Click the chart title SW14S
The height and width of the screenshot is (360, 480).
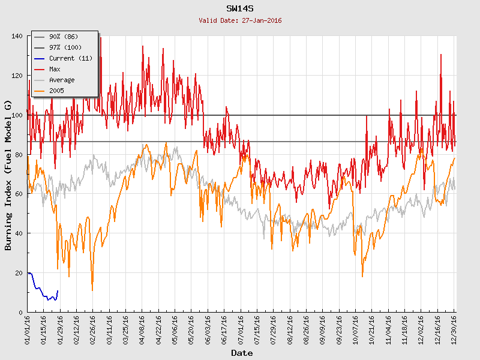[240, 9]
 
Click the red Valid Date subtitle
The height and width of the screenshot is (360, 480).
[240, 20]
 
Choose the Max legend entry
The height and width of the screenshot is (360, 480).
[55, 69]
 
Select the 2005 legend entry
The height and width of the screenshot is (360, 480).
[56, 91]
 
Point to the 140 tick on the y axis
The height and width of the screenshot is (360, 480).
[17, 36]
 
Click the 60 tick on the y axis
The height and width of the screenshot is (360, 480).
[19, 194]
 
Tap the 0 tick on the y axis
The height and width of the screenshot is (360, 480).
[20, 312]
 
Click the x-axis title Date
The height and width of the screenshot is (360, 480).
[241, 353]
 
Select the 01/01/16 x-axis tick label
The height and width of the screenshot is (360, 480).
[28, 329]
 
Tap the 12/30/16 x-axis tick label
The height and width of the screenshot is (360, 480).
[454, 329]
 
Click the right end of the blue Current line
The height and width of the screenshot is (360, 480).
[58, 291]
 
